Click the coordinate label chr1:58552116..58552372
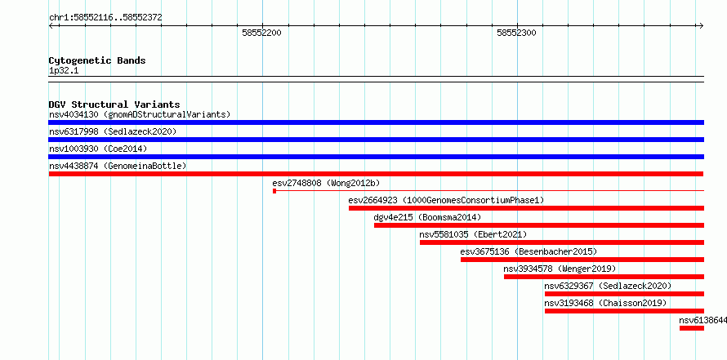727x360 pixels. click(x=105, y=18)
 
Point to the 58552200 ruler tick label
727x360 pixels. click(x=261, y=33)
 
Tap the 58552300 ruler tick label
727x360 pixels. click(x=516, y=33)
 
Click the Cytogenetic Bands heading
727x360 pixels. click(x=97, y=60)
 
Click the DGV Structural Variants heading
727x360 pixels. click(x=114, y=104)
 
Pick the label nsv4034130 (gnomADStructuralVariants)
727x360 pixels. click(x=140, y=114)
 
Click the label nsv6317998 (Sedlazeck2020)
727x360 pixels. click(x=113, y=131)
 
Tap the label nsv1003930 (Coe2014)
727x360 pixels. click(x=97, y=149)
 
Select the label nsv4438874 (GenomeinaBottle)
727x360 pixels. click(x=118, y=166)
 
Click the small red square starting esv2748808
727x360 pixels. click(x=274, y=191)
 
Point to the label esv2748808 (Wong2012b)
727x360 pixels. click(x=327, y=183)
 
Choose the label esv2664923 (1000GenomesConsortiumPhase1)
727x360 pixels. click(x=446, y=200)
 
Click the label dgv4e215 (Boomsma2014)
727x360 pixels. click(x=427, y=217)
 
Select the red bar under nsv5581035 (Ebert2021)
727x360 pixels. click(x=562, y=242)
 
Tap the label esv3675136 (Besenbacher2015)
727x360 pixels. click(x=529, y=251)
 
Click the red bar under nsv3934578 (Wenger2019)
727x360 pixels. click(x=604, y=277)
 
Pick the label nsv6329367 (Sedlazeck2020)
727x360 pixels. click(x=608, y=286)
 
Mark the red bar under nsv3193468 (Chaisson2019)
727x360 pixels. click(x=625, y=311)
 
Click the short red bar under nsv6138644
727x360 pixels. click(x=692, y=328)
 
